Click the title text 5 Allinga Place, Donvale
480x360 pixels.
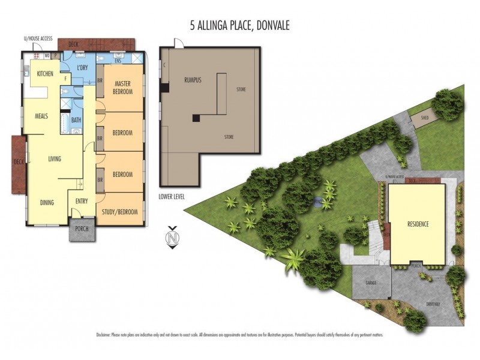pyautogui.click(x=239, y=26)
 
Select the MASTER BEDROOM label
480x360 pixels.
pyautogui.click(x=122, y=87)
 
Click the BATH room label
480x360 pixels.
pyautogui.click(x=76, y=120)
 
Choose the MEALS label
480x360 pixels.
pyautogui.click(x=41, y=116)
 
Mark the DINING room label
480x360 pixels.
pyautogui.click(x=47, y=202)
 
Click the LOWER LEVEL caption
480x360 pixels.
pyautogui.click(x=172, y=196)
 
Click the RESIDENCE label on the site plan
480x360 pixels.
pyautogui.click(x=418, y=224)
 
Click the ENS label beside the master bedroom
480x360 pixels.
pyautogui.click(x=118, y=61)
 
